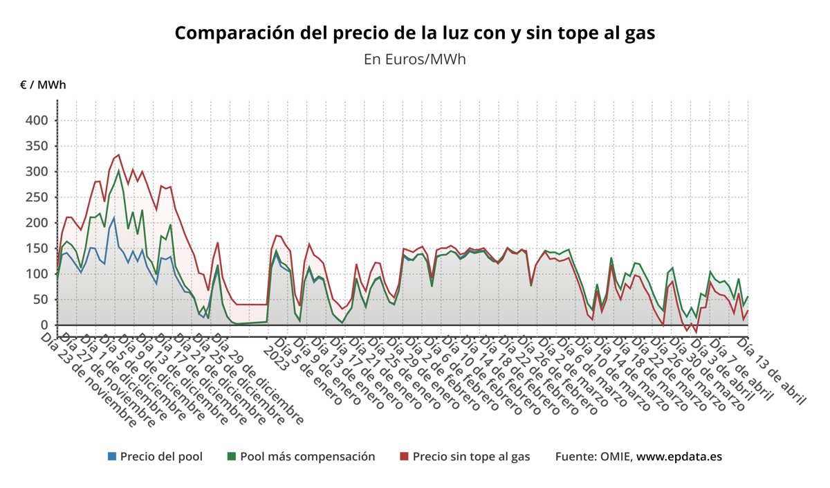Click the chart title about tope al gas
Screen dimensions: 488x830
[414, 33]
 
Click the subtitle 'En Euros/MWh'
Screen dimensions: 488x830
[414, 59]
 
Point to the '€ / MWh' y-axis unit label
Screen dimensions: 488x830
[43, 85]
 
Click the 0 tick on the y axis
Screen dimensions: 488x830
[44, 325]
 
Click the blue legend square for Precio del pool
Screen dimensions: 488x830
[112, 457]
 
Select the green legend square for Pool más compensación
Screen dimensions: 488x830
[232, 457]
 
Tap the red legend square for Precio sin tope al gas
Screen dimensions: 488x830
[405, 457]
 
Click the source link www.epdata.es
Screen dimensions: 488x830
[679, 457]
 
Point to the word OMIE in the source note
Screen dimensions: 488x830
[614, 457]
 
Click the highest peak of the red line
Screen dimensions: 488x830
[118, 155]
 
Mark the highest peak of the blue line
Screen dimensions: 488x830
[114, 218]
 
